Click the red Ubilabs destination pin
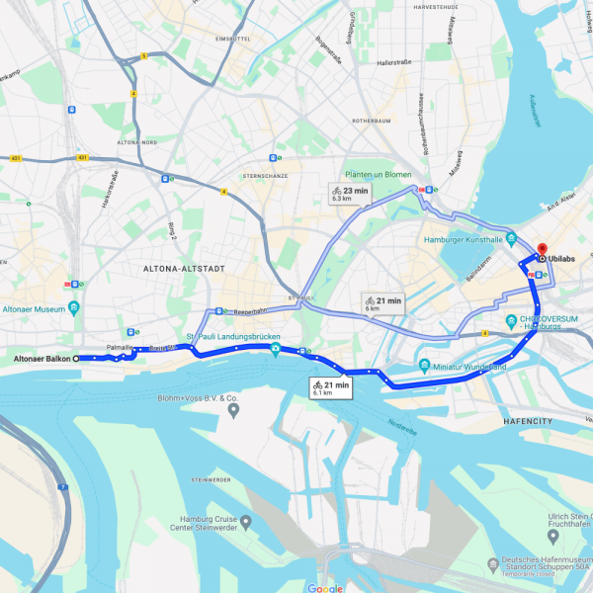543,249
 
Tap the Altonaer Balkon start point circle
77,359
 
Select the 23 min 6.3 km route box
350,194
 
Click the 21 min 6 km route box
383,304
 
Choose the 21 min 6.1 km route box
331,388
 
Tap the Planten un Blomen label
372,174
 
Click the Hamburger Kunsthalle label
470,239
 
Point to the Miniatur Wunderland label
470,367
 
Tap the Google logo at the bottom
325,587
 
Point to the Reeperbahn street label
251,311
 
